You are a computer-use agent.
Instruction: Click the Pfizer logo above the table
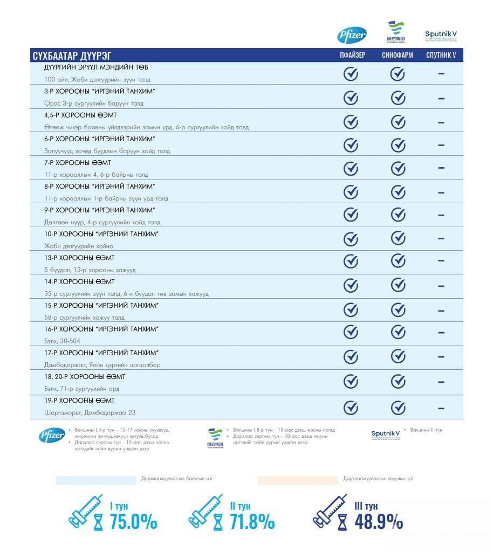click(x=352, y=36)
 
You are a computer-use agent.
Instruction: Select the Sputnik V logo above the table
click(x=441, y=35)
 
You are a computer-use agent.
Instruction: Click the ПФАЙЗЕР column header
click(x=352, y=55)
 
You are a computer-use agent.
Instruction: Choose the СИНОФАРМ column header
click(x=398, y=55)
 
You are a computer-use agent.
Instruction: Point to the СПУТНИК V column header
click(x=441, y=55)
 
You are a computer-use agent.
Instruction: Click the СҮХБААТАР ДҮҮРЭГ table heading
click(x=72, y=56)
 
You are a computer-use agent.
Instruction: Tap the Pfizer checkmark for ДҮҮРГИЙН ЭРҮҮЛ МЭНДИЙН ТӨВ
click(x=351, y=74)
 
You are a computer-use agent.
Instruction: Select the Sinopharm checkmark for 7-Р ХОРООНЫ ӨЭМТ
click(x=398, y=168)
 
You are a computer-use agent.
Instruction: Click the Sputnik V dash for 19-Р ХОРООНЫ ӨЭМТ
click(x=441, y=408)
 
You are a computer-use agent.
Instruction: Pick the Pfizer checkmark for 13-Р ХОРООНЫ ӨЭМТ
click(x=351, y=261)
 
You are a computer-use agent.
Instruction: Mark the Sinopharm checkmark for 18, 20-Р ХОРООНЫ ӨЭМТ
click(x=398, y=381)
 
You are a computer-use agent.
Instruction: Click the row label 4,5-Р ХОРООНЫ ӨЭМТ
click(x=80, y=115)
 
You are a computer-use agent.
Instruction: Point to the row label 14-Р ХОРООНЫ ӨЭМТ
click(x=79, y=281)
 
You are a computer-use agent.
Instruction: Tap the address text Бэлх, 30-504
click(x=62, y=341)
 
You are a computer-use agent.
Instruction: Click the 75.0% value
click(x=133, y=521)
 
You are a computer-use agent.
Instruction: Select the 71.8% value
click(x=252, y=521)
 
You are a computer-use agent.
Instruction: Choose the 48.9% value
click(x=378, y=521)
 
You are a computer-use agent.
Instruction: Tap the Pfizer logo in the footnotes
click(x=52, y=436)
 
